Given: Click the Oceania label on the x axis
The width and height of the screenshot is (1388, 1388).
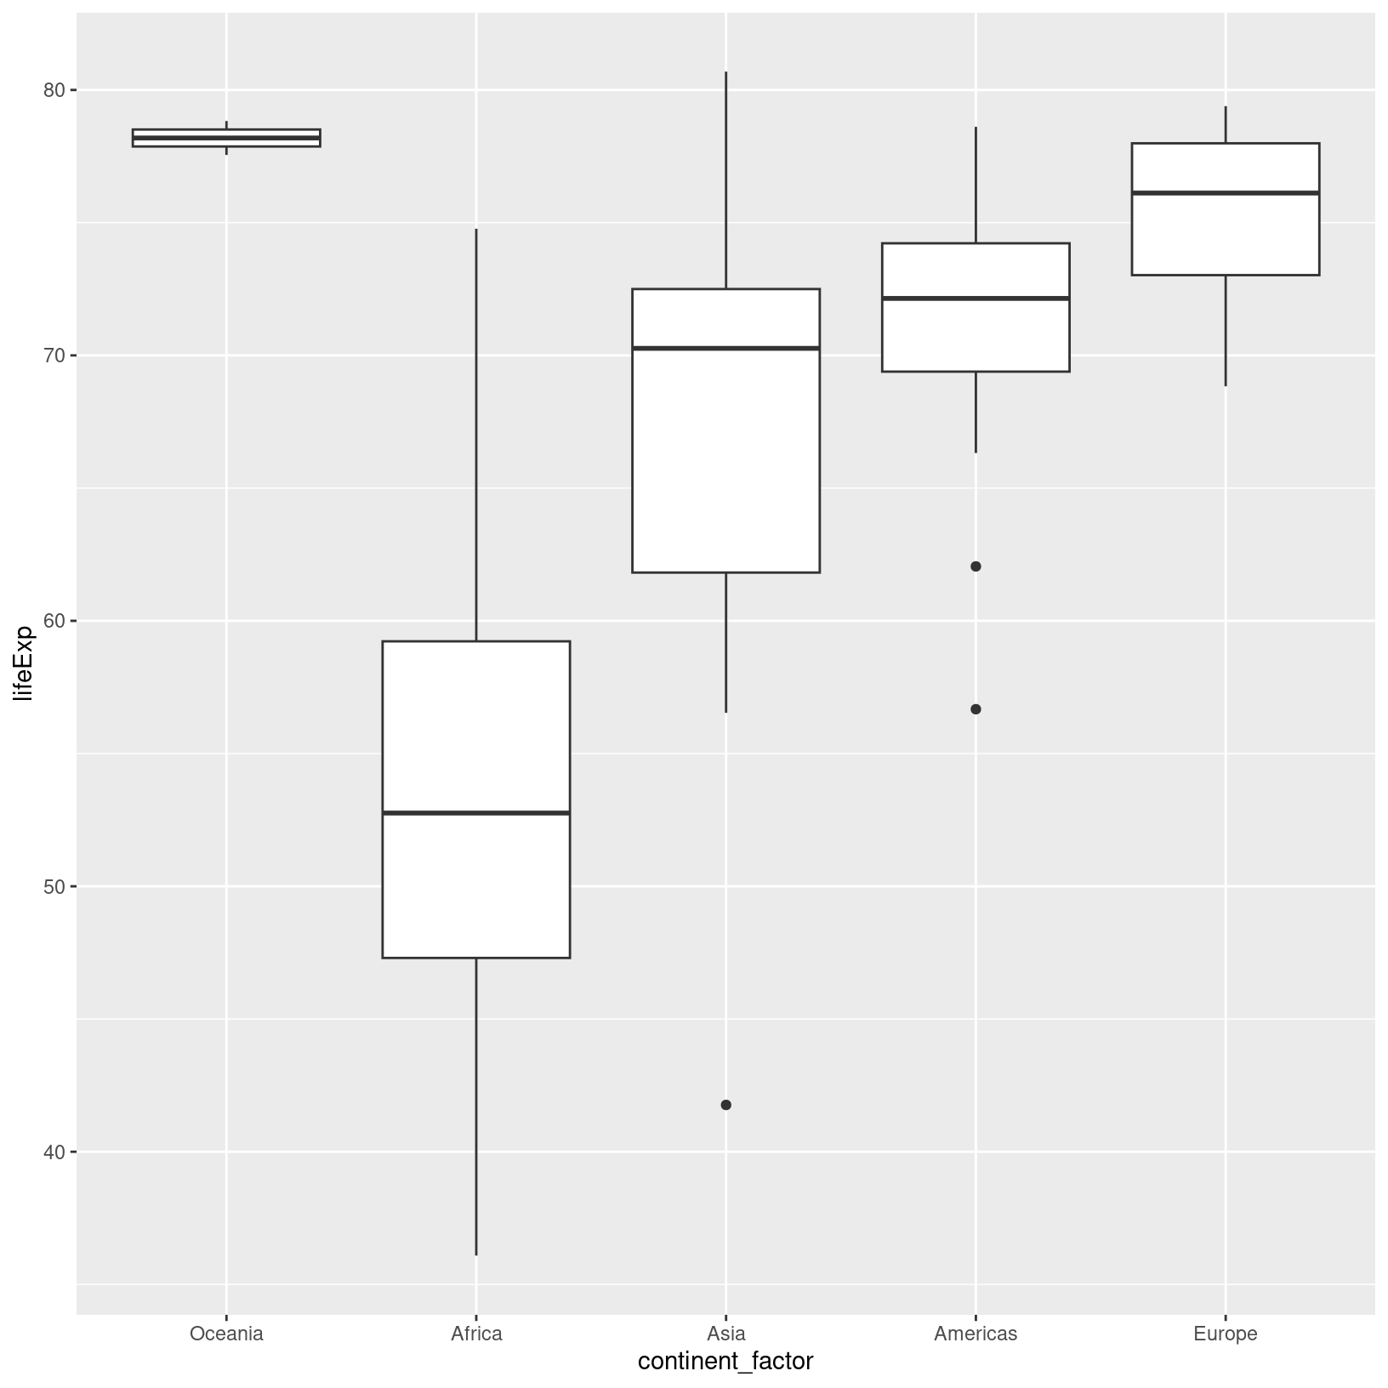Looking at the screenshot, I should pos(226,1334).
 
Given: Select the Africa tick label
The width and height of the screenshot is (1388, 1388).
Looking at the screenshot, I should pos(476,1334).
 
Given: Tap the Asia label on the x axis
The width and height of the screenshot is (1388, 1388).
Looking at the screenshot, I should pos(725,1334).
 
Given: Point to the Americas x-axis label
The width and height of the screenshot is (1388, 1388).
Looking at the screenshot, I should pos(976,1334).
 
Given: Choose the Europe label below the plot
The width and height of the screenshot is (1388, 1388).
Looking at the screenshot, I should pos(1225,1334).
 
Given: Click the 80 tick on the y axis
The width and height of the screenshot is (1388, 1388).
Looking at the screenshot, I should pos(54,90).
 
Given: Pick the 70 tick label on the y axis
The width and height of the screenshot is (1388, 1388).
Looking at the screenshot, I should pos(54,356).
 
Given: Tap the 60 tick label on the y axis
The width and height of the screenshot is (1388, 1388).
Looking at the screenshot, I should pos(54,621).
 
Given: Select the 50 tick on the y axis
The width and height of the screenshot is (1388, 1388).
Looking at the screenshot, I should pos(54,886).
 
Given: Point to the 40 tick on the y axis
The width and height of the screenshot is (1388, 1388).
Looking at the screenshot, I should pos(54,1152).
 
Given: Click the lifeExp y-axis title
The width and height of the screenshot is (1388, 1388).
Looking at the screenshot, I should pos(24,663).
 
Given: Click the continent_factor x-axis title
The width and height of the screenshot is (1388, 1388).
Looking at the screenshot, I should pos(725,1362).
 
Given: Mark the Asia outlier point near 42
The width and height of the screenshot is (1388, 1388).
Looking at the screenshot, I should pos(725,1105).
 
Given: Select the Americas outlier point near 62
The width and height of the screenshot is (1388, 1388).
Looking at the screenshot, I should pos(976,566).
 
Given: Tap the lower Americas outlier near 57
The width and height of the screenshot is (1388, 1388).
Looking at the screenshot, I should pos(976,709).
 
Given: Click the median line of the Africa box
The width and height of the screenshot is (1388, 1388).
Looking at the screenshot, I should pos(476,813).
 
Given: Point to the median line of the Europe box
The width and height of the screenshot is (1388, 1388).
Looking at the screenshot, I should pos(1225,193).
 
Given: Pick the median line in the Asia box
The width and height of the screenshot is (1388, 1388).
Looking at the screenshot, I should pos(725,348).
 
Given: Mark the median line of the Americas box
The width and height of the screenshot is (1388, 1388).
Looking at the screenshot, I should pos(976,298).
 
